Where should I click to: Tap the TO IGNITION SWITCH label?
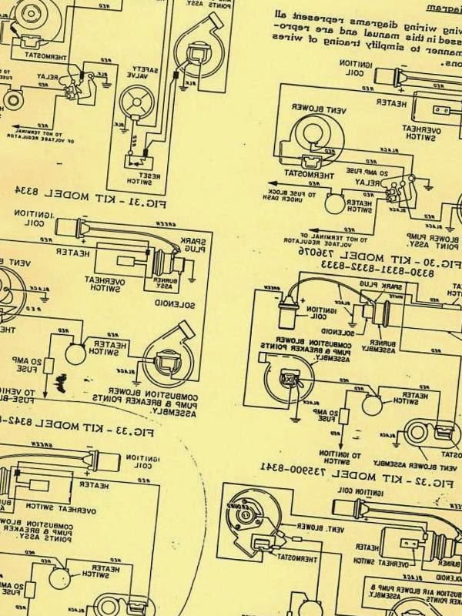coord(340,455)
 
